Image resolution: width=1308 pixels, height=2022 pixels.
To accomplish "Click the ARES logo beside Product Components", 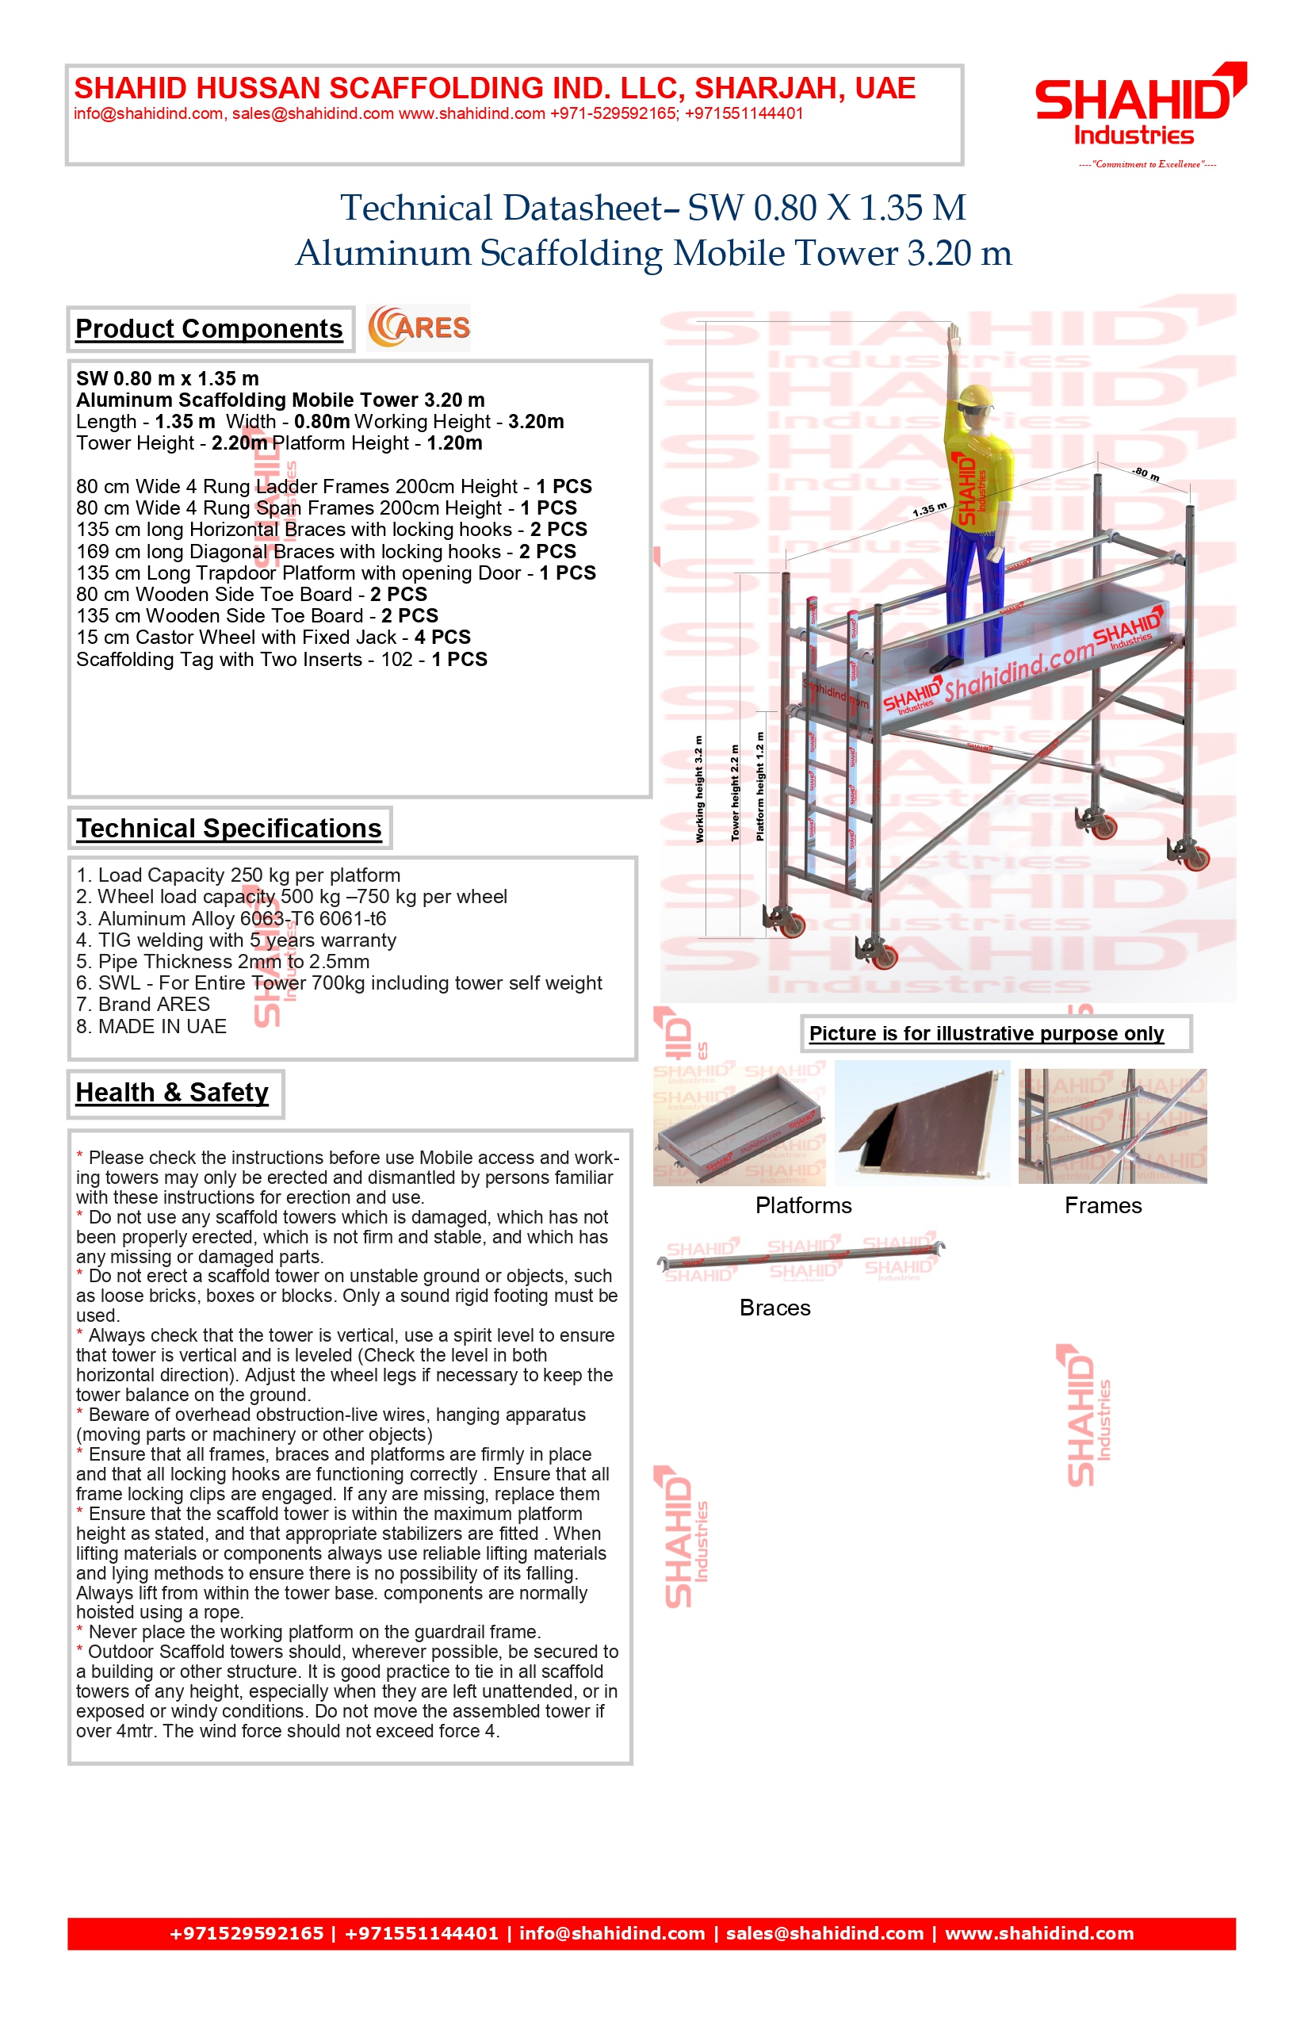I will click(419, 328).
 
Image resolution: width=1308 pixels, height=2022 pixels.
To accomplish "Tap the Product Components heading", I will click(209, 329).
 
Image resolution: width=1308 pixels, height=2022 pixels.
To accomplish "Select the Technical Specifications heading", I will click(228, 829).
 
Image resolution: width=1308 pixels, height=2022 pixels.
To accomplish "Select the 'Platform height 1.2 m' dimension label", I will click(759, 787).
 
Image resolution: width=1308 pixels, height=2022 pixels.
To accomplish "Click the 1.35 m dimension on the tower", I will click(929, 510).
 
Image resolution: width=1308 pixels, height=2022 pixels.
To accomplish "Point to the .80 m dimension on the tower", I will click(1146, 474).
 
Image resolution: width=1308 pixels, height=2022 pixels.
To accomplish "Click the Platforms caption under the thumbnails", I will click(804, 1205).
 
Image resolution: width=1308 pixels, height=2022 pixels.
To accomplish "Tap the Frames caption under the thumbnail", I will click(1103, 1205).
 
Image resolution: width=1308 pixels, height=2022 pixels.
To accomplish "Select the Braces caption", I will click(774, 1308).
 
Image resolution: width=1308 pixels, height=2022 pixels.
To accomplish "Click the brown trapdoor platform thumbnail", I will click(921, 1123).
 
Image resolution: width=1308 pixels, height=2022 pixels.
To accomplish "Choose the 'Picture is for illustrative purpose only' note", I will click(986, 1033).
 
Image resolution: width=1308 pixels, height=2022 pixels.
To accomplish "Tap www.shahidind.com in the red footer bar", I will click(1039, 1933).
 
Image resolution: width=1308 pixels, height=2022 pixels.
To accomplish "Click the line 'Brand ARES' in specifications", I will click(143, 1004).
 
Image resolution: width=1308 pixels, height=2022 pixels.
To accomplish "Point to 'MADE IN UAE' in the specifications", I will click(151, 1026).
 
